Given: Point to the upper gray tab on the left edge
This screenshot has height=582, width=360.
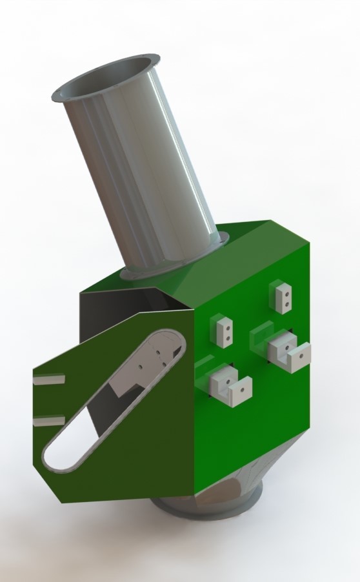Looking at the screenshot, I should coord(48,379).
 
